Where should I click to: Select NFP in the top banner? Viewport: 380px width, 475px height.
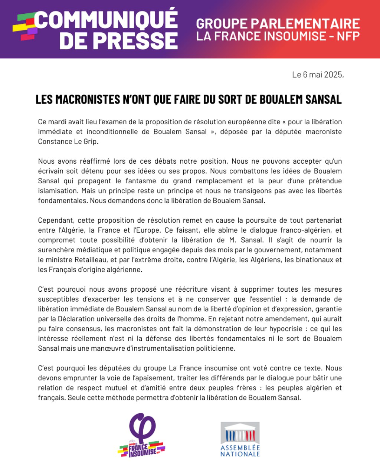348,36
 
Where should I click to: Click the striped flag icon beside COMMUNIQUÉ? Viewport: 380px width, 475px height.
25,27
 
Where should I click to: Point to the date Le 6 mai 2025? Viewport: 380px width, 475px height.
318,75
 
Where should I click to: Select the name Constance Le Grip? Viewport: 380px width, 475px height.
68,141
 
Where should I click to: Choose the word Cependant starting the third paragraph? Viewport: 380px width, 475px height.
56,220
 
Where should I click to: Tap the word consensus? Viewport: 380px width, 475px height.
86,329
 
